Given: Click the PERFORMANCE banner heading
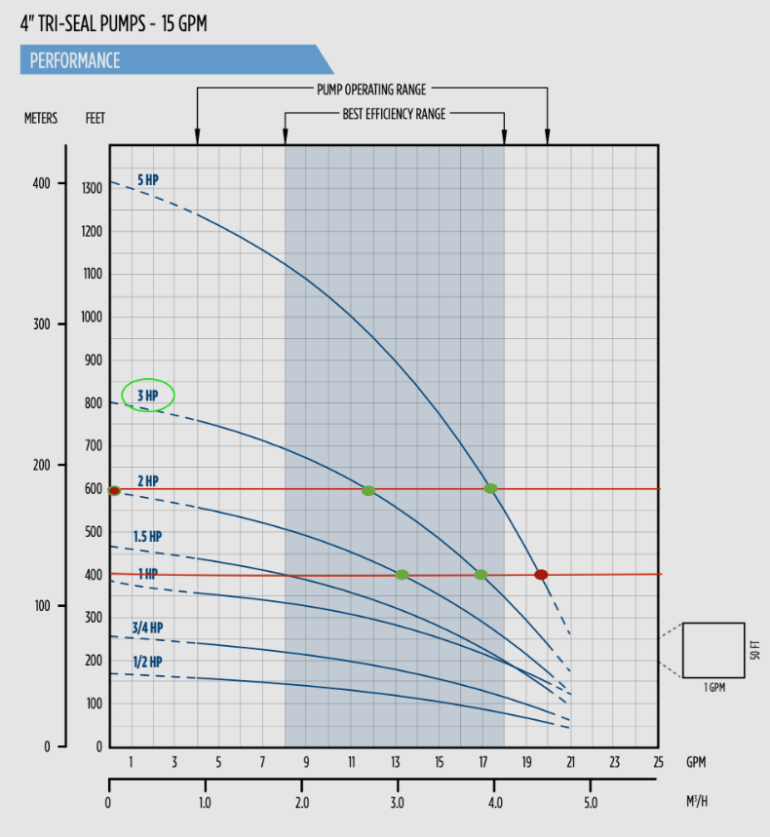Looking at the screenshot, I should pos(75,60).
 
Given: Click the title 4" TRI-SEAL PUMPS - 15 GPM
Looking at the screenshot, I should pos(113,23).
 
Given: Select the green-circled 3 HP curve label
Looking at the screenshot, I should pos(147,395).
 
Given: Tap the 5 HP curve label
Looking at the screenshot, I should pos(147,180).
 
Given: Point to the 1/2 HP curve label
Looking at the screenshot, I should pos(147,662).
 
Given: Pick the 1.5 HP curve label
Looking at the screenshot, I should pos(147,537).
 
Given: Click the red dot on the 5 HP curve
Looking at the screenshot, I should pos(541,575).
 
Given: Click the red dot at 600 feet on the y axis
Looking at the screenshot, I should pos(114,491).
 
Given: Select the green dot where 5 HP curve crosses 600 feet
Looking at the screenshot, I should pos(490,488).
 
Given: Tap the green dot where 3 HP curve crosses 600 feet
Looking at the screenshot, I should pos(368,490).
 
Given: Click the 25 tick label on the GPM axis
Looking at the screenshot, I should pos(658,762).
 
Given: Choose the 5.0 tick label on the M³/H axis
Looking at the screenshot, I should pos(591,804).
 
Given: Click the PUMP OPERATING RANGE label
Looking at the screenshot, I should pos(371,90).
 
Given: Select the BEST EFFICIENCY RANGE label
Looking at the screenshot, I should pos(394,114).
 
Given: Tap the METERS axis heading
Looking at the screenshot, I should pos(41,119).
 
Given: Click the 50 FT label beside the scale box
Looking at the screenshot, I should pos(755,650).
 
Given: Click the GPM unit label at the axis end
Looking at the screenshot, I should pos(696,762).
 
